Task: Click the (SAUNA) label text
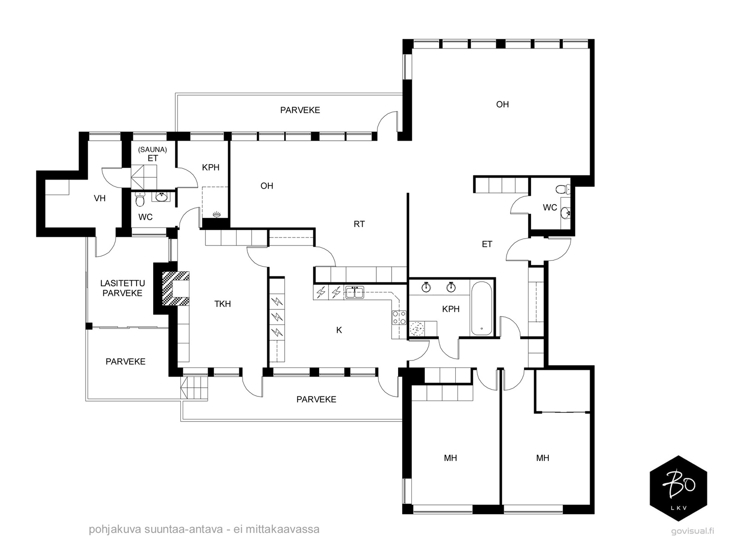click(x=152, y=150)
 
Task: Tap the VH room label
click(x=100, y=198)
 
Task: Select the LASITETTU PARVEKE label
click(x=122, y=288)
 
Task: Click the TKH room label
click(x=223, y=304)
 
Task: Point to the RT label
click(x=359, y=224)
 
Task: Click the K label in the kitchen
click(x=339, y=330)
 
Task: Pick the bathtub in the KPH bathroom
click(x=482, y=308)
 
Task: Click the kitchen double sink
click(x=354, y=292)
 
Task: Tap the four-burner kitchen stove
click(x=399, y=318)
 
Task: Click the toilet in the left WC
click(x=140, y=199)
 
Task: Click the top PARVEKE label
click(x=300, y=110)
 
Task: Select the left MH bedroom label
click(x=450, y=458)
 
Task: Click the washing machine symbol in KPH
click(x=417, y=329)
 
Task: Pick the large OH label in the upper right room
click(x=502, y=105)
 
